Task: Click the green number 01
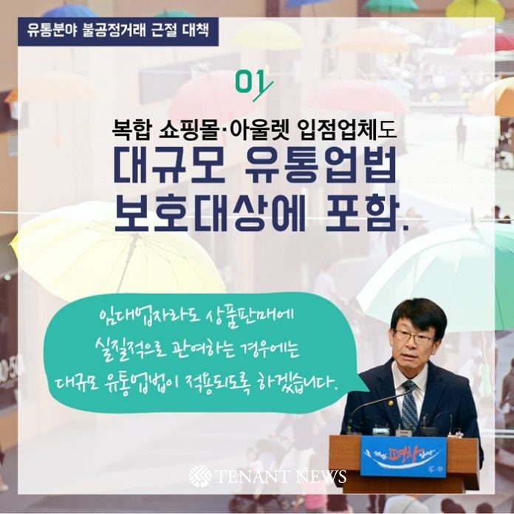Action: point(253,84)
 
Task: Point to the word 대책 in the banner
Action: point(196,31)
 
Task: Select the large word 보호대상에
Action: point(210,213)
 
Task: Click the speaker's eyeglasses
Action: point(414,337)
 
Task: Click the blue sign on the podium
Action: point(403,457)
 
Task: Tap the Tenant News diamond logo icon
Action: point(200,476)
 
